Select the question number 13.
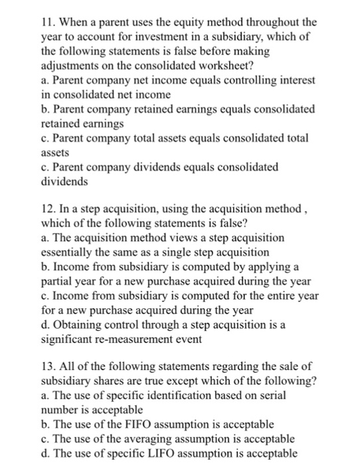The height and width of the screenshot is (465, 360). point(48,366)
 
